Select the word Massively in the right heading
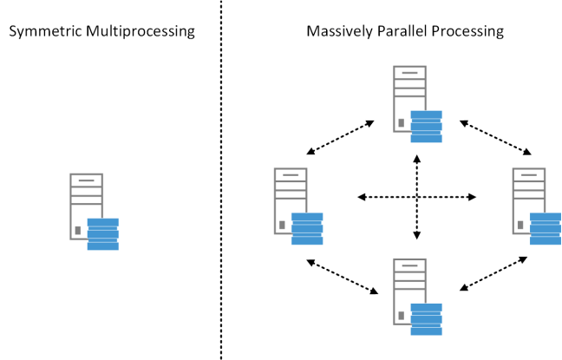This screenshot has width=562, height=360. (x=335, y=32)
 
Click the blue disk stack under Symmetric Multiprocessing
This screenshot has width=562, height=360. (x=103, y=234)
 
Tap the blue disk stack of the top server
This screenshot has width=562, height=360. (x=427, y=127)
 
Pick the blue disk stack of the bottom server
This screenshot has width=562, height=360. (x=427, y=318)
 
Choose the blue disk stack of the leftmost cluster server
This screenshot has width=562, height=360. (x=307, y=229)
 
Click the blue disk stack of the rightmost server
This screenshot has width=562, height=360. (x=546, y=229)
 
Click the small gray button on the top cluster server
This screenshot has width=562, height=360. (x=400, y=122)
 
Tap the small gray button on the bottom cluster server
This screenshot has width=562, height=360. (x=400, y=314)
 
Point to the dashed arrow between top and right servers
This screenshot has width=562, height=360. (x=496, y=137)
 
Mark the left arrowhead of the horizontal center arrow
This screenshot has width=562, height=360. (x=362, y=198)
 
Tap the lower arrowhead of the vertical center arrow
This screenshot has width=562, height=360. (x=417, y=235)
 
